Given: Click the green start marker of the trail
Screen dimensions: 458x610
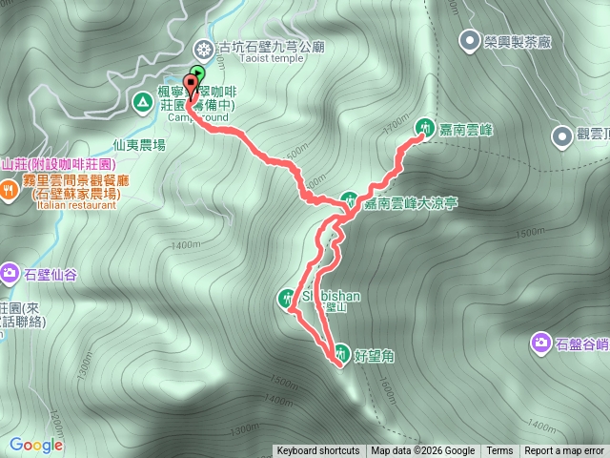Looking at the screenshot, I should [197, 73].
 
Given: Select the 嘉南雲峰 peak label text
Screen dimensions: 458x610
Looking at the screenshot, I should [465, 127].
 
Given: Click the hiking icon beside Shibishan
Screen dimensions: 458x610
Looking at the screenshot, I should [288, 297].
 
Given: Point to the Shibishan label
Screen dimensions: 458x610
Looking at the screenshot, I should [331, 296].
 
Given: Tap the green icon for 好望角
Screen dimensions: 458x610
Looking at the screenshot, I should [339, 351].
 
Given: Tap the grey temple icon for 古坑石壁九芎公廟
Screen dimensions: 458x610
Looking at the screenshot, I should [203, 48].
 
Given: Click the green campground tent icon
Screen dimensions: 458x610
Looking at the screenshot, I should [142, 99].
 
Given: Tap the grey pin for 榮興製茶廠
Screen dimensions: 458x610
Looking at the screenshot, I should [469, 40].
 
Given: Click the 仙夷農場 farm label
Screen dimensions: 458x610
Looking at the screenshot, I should [139, 145].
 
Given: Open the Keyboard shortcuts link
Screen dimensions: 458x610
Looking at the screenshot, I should [318, 451].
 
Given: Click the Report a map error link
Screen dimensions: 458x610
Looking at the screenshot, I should [566, 451].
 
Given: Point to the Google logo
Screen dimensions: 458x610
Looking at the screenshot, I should [36, 445].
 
